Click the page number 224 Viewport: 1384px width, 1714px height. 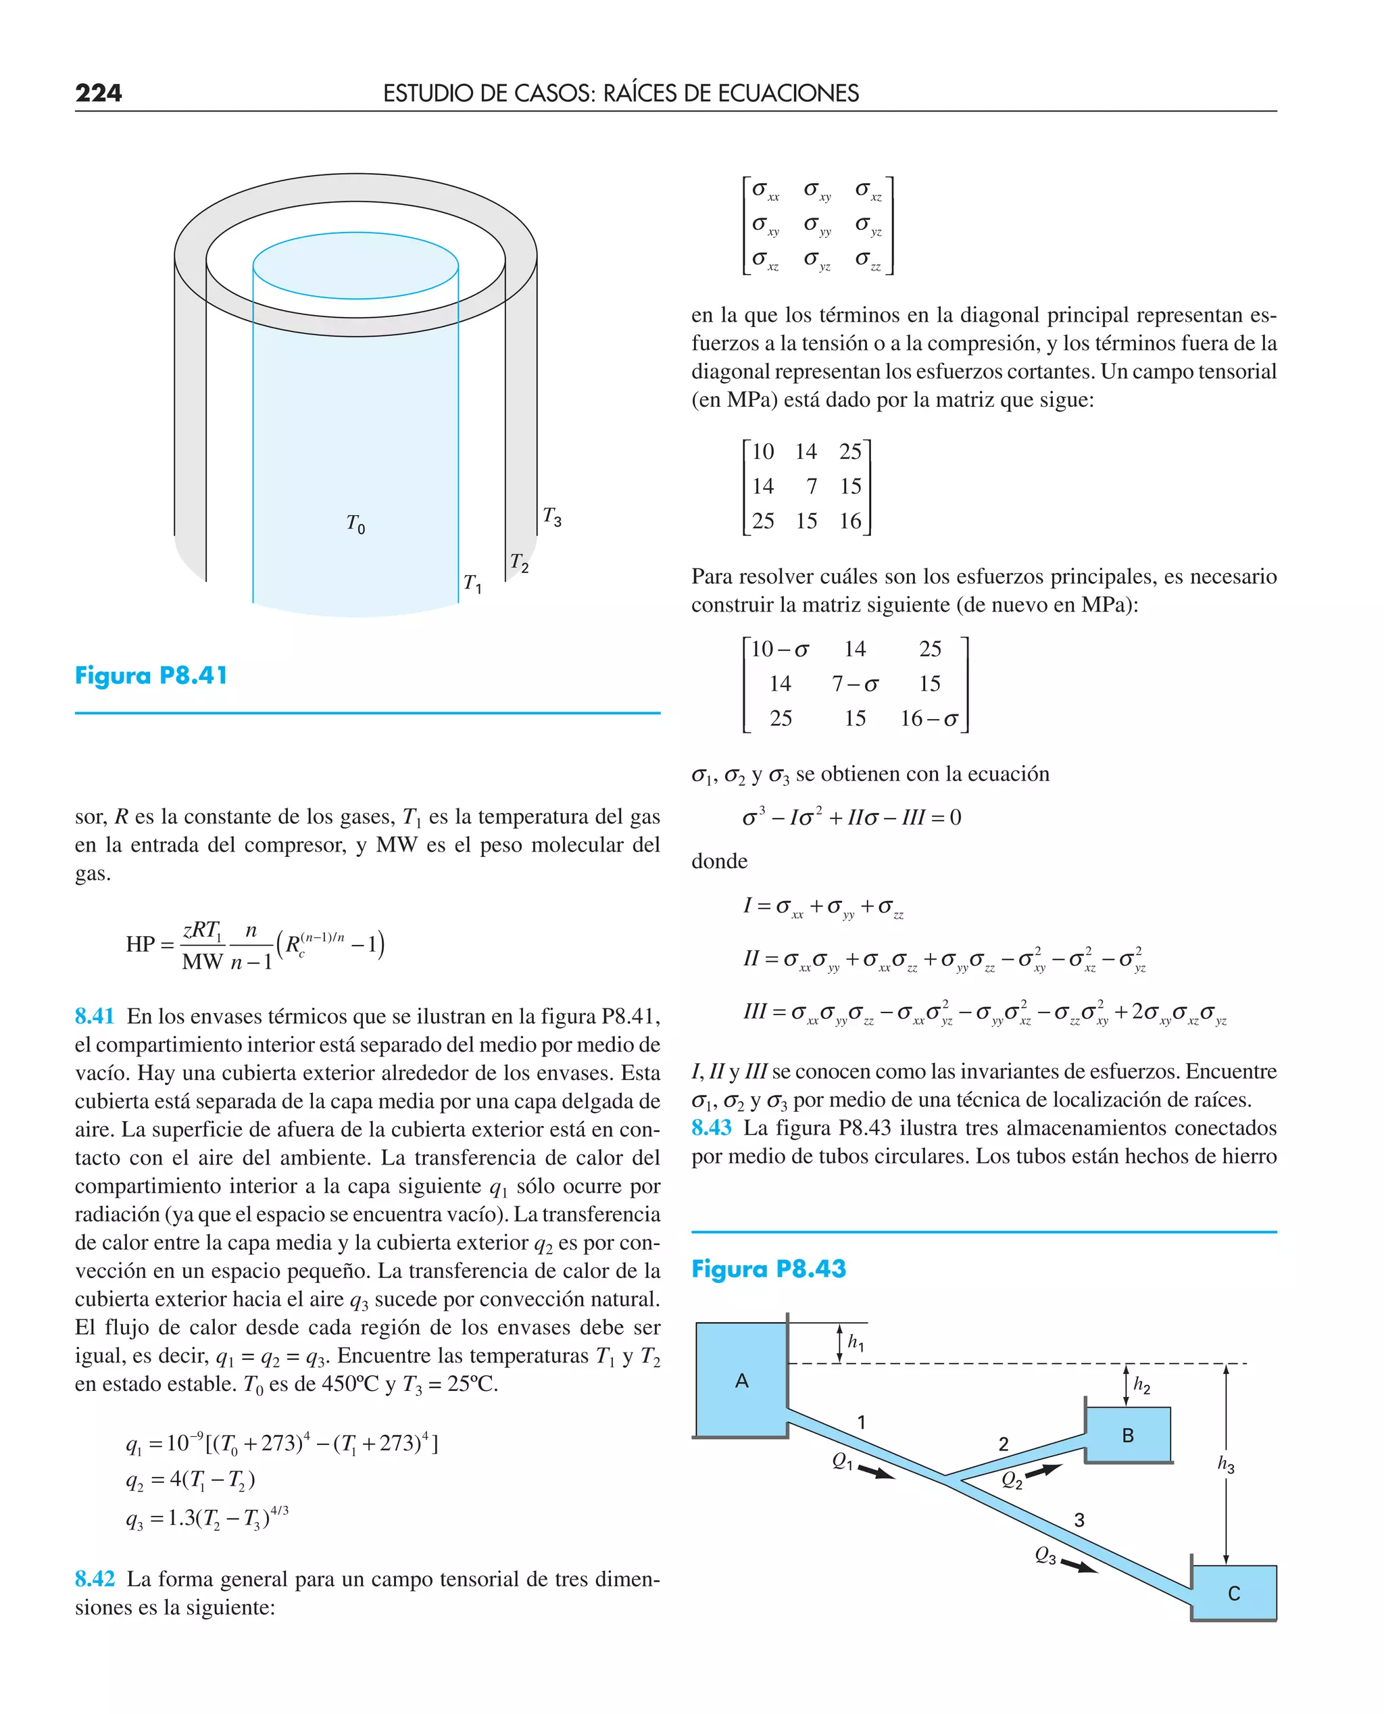[98, 93]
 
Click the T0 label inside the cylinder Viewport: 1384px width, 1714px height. [355, 524]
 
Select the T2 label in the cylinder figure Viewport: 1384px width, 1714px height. [519, 563]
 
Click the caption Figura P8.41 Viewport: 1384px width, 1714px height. [151, 675]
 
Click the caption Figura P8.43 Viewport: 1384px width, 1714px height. [768, 1269]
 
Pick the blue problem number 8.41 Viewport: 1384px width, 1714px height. [94, 1016]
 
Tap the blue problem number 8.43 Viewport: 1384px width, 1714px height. [711, 1127]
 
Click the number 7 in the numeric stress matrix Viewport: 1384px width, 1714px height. [811, 487]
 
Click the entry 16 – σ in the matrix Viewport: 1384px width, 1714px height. [929, 719]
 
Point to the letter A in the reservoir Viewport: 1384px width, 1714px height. [741, 1381]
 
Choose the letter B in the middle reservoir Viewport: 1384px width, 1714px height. [1127, 1436]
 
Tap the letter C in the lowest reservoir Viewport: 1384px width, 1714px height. [1233, 1594]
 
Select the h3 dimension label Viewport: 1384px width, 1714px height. [1225, 1464]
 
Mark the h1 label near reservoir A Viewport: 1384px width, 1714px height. [856, 1342]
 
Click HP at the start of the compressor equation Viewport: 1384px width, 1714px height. [141, 945]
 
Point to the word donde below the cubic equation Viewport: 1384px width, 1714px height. [719, 861]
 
